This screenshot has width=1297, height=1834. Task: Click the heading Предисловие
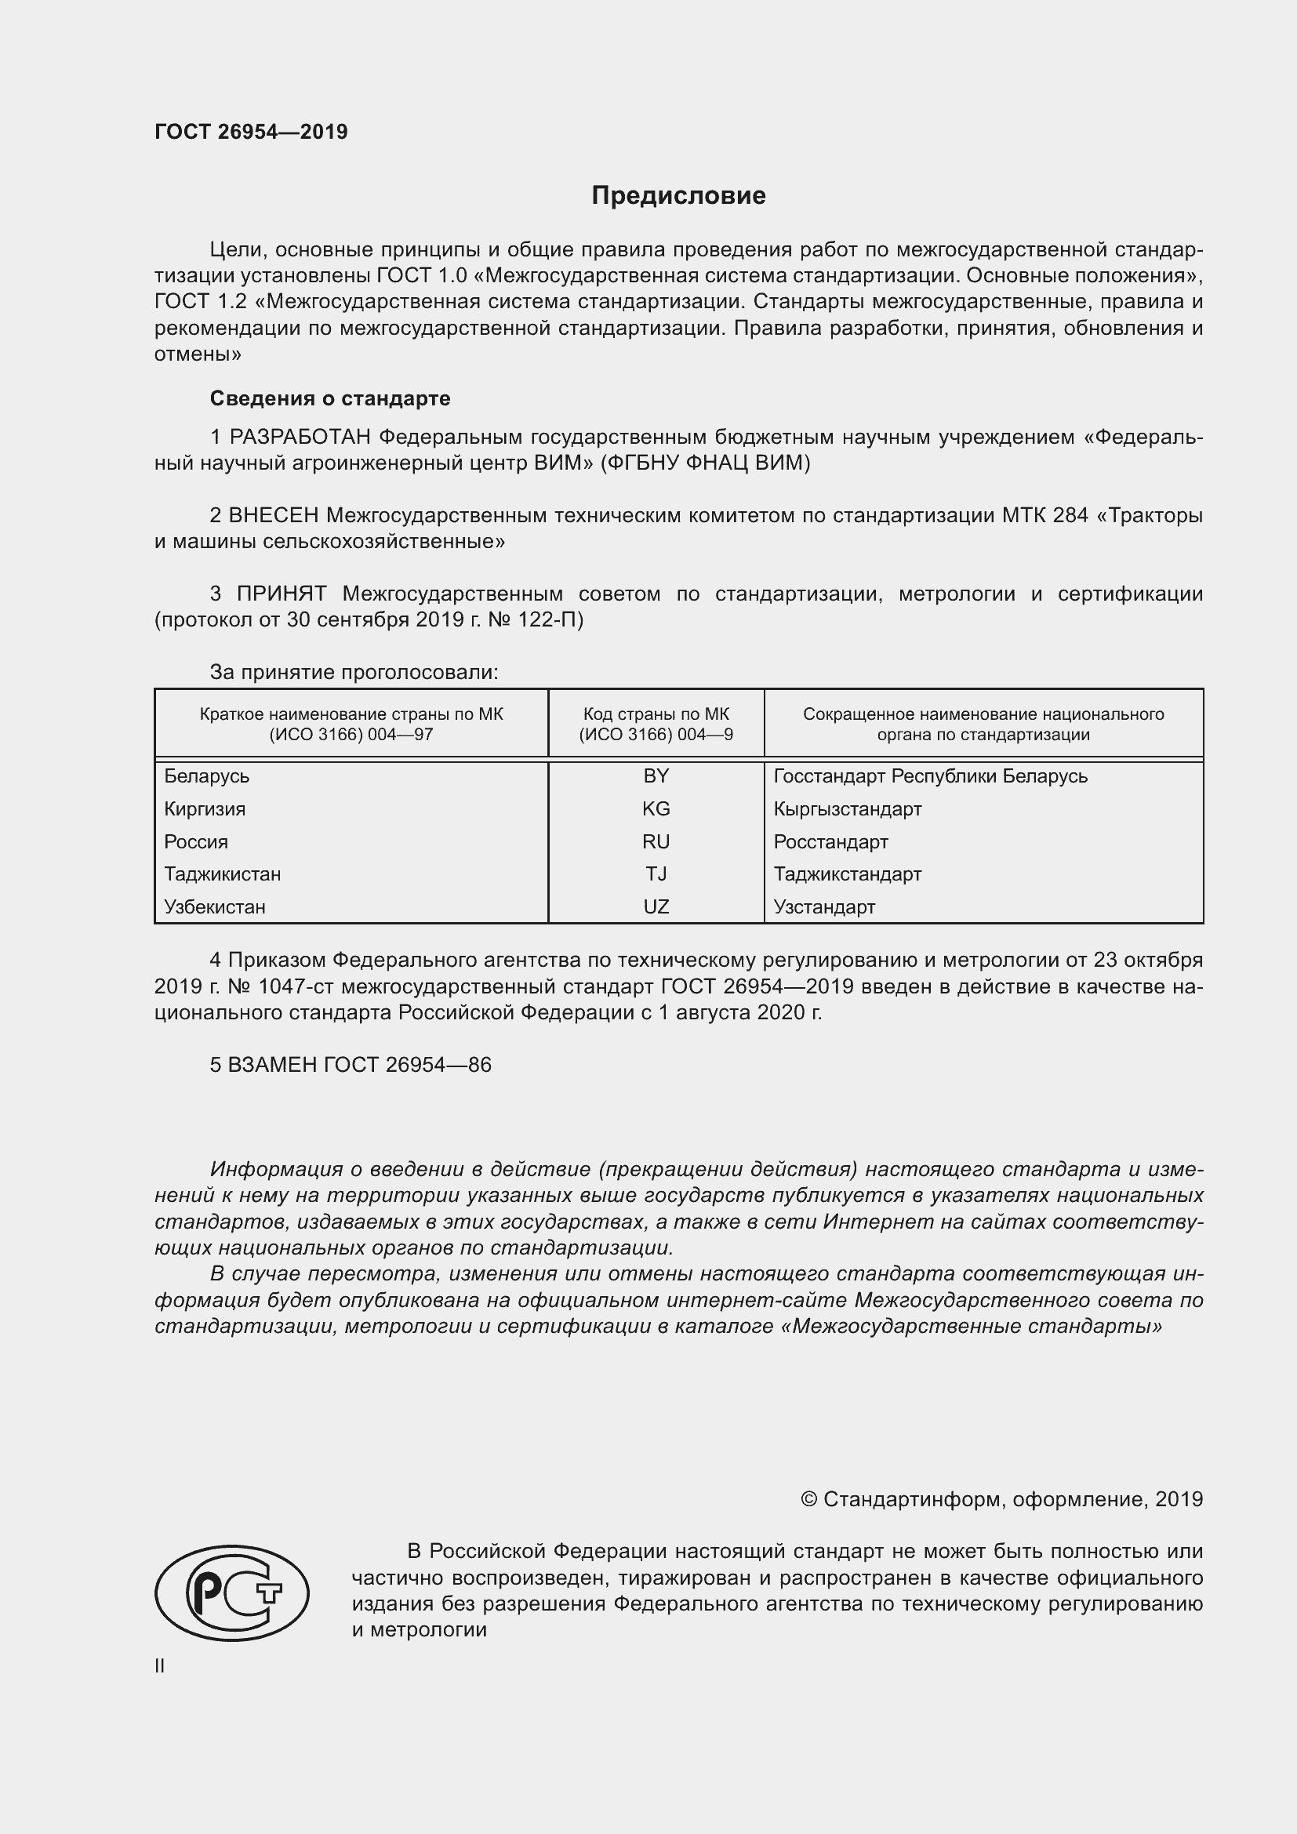[x=678, y=196]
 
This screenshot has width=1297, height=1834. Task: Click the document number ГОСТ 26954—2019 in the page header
[x=251, y=132]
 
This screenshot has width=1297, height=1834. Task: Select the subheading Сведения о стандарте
[x=330, y=398]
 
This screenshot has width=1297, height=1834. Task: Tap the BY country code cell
[x=656, y=775]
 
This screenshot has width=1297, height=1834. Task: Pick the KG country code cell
[x=656, y=808]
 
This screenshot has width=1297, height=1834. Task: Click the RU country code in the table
[x=656, y=841]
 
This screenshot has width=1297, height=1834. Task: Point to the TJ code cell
[x=656, y=873]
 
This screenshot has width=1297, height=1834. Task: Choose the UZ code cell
[x=656, y=906]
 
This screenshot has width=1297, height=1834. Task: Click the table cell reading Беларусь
[x=207, y=775]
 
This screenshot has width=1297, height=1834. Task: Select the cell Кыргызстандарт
[x=848, y=808]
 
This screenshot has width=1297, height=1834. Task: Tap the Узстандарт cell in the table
[x=824, y=906]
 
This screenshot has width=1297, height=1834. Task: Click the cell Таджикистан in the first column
[x=222, y=873]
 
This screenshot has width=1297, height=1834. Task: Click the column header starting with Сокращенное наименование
[x=983, y=724]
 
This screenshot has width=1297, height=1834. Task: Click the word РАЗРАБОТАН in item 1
[x=300, y=437]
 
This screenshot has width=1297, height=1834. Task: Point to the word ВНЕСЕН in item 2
[x=274, y=515]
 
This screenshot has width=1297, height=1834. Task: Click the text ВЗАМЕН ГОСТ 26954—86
[x=359, y=1065]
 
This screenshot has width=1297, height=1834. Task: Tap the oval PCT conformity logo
[x=231, y=1615]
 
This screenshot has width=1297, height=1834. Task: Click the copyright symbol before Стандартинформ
[x=808, y=1499]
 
